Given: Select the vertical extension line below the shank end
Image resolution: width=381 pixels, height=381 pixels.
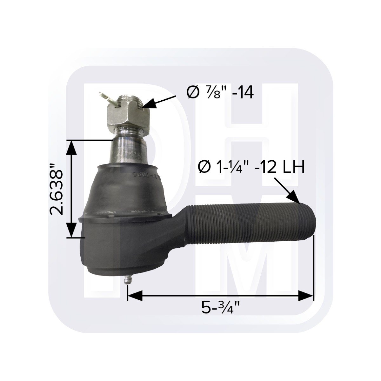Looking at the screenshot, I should (x=314, y=267).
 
